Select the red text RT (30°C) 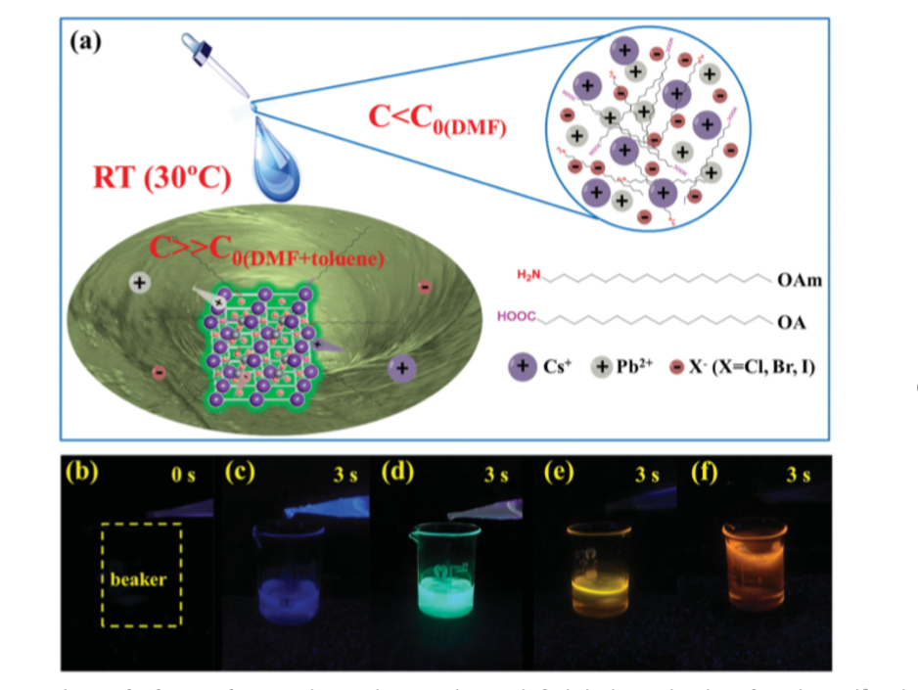[161, 178]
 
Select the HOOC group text [517, 317]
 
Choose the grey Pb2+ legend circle [608, 368]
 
